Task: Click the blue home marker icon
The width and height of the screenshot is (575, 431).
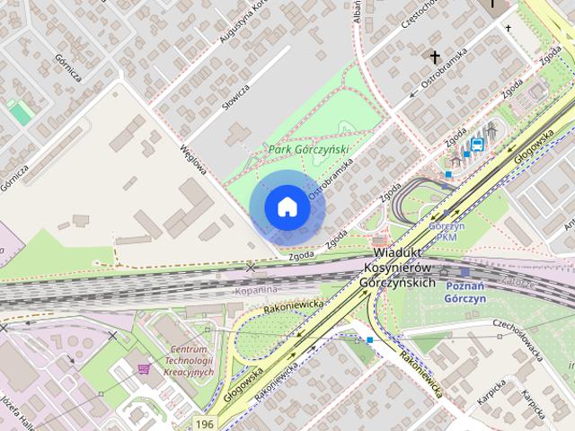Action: tap(287, 207)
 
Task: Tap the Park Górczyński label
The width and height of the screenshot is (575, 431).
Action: tap(308, 150)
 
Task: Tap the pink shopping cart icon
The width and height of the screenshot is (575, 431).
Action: tap(144, 368)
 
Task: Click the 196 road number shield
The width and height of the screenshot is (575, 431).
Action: tap(206, 422)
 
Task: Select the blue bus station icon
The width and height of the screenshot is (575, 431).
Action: tap(477, 143)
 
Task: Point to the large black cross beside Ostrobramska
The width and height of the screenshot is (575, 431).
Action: tap(435, 58)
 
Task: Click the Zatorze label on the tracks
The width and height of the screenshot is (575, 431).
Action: tap(518, 282)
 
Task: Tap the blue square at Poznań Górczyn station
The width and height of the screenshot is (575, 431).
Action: tap(464, 271)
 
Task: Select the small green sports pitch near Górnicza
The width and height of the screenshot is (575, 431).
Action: tap(19, 112)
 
